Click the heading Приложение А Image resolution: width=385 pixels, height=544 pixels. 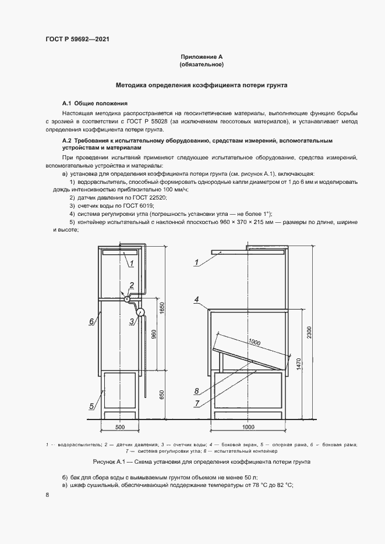click(202, 57)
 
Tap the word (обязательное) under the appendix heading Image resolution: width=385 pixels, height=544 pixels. click(202, 65)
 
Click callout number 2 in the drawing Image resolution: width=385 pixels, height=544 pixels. click(132, 285)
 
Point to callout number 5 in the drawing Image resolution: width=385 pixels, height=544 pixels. click(92, 406)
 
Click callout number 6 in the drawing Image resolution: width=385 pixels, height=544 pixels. click(92, 321)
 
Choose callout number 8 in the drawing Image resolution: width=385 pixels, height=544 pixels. click(197, 391)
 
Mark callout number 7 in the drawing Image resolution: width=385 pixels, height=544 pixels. click(197, 402)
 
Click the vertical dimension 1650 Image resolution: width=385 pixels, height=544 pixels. click(162, 308)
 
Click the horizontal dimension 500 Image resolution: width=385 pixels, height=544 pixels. click(121, 428)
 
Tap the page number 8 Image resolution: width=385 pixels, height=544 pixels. click(47, 495)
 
